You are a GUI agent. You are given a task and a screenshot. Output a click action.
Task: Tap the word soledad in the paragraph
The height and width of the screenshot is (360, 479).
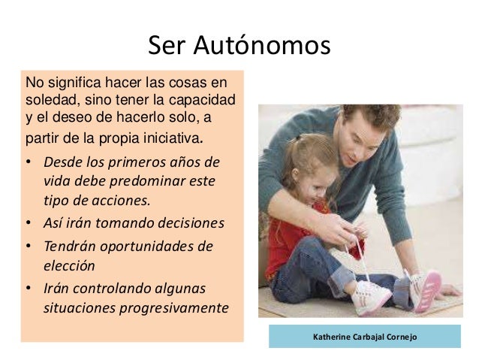pyautogui.click(x=49, y=99)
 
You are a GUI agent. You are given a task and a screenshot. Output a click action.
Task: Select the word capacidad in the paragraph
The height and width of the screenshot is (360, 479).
pyautogui.click(x=206, y=99)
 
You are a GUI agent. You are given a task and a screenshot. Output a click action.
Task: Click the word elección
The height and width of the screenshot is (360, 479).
pyautogui.click(x=70, y=265)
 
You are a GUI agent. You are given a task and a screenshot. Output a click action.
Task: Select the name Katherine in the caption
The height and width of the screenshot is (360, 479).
pyautogui.click(x=334, y=337)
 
